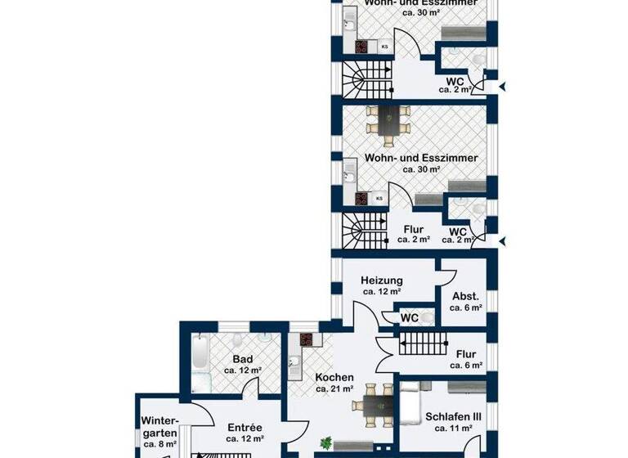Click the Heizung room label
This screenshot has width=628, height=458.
pyautogui.click(x=381, y=281)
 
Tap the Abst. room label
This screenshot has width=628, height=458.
pyautogui.click(x=465, y=296)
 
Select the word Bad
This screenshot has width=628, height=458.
pyautogui.click(x=242, y=358)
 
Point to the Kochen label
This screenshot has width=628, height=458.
pyautogui.click(x=334, y=378)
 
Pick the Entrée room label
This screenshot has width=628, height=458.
pyautogui.click(x=244, y=427)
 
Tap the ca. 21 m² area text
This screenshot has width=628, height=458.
pyautogui.click(x=334, y=390)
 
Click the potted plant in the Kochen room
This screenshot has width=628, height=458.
pyautogui.click(x=326, y=443)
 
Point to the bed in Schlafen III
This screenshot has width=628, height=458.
pyautogui.click(x=409, y=402)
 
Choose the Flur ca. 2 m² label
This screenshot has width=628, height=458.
pyautogui.click(x=414, y=235)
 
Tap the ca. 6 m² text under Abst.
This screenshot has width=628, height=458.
pyautogui.click(x=465, y=308)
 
